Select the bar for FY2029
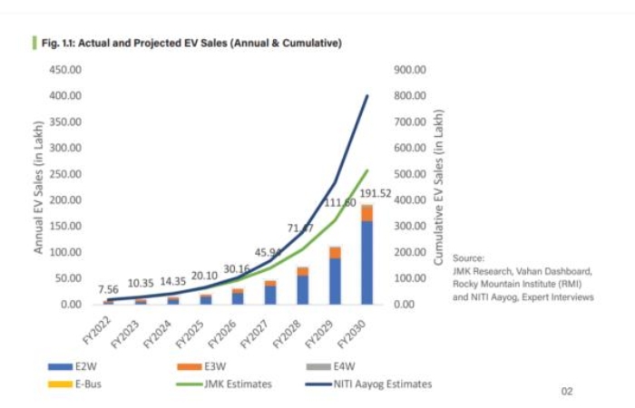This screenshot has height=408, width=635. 335,276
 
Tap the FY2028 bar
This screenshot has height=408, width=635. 302,286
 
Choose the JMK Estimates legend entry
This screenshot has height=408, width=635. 219,384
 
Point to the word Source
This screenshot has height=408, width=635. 468,257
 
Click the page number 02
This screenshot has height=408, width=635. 567,392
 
